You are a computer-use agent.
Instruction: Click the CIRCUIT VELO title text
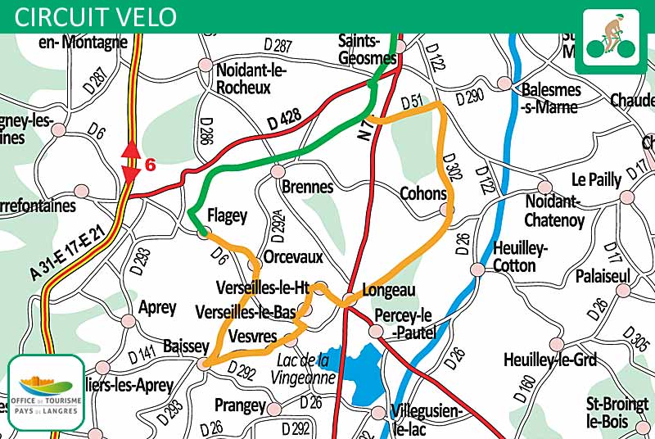tap(95, 16)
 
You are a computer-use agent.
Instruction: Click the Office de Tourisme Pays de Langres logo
tap(46, 393)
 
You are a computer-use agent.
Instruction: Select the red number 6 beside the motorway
tap(150, 165)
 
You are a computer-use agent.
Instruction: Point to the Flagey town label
tap(227, 216)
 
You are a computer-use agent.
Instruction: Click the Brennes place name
tap(307, 187)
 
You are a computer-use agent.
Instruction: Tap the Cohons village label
tap(422, 194)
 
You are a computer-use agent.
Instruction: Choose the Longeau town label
tap(390, 290)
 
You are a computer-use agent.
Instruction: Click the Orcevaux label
tap(293, 256)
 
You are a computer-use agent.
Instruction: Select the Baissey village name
tap(186, 346)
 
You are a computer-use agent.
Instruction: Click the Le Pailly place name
tap(596, 179)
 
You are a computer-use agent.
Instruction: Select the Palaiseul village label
tap(602, 275)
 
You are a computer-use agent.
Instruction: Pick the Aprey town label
tap(158, 308)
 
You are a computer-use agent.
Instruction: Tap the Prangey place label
tap(240, 405)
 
